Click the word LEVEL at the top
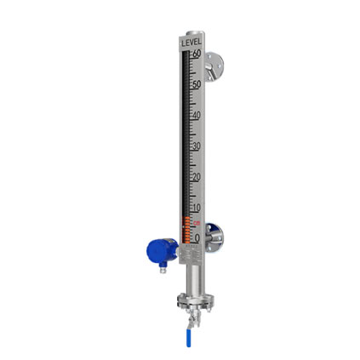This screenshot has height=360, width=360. coord(191,43)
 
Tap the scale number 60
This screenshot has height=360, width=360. coord(197,54)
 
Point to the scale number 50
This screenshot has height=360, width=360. coord(197,84)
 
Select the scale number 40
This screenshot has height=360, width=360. coord(197,115)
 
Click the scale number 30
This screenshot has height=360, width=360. coord(197,146)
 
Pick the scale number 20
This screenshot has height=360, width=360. coord(197,177)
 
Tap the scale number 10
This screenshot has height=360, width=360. coord(197,208)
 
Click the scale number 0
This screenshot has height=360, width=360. coord(197,238)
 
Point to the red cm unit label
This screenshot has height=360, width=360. coord(197,223)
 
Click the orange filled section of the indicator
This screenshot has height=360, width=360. coord(186,230)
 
